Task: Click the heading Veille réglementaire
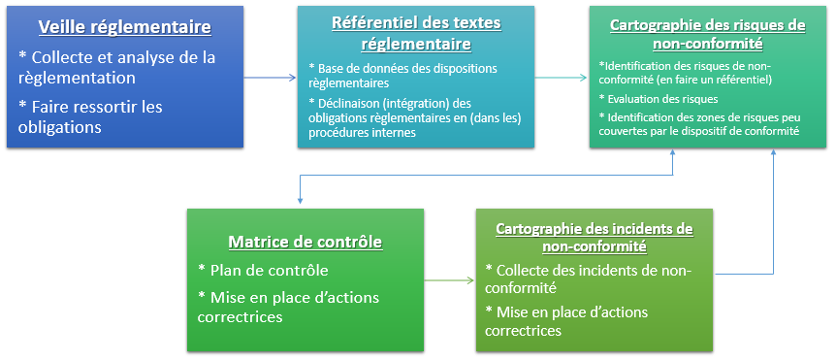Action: pos(125,28)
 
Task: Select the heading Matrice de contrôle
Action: pos(305,243)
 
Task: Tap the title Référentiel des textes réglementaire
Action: pos(416,34)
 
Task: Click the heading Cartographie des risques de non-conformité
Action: pos(708,35)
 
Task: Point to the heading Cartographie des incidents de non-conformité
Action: pos(595,238)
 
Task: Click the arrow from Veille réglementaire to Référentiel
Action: pos(270,78)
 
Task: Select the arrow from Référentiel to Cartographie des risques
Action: pos(561,78)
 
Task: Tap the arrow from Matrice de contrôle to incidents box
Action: pos(449,280)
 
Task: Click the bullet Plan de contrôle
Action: pos(263,271)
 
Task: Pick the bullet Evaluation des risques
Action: pos(659,99)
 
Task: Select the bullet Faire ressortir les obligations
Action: pos(90,117)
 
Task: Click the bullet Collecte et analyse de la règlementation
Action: pos(116,68)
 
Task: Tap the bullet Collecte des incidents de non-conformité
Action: pos(588,278)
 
